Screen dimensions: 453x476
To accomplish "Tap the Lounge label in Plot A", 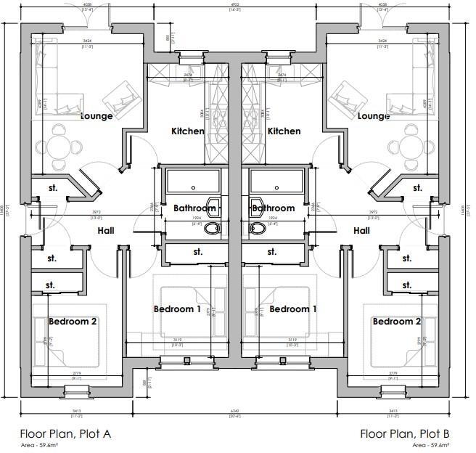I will coord(97,115).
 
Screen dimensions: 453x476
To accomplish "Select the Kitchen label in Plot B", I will coord(284,131).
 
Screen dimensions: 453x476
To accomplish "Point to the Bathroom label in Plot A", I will coord(194,208).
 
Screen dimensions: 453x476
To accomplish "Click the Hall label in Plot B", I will coord(361,230).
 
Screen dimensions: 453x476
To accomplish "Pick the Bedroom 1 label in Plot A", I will coord(178,309).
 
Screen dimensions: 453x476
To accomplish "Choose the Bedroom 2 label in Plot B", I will coord(396,321).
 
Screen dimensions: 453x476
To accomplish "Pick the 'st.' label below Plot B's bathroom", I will coord(272,252).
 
